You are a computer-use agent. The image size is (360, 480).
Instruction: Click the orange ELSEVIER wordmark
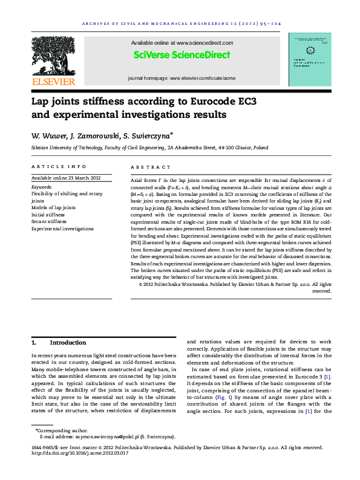[53, 81]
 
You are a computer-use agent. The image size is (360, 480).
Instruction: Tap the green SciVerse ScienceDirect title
[182, 55]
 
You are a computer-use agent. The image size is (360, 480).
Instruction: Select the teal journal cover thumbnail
[310, 60]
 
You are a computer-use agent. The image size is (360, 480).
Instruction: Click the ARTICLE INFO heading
[53, 166]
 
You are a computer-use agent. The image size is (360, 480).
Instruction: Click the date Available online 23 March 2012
[65, 178]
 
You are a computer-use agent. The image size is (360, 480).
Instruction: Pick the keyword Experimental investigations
[62, 229]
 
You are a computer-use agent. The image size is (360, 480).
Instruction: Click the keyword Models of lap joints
[53, 207]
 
